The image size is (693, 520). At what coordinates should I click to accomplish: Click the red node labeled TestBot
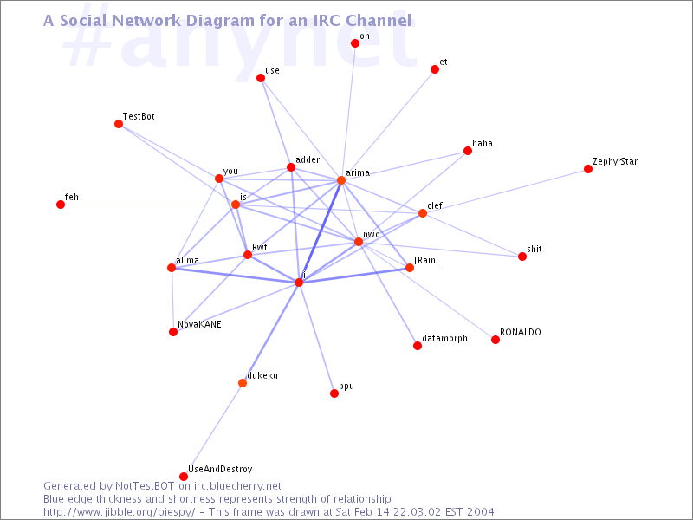[119, 124]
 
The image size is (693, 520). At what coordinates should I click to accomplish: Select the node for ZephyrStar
[588, 169]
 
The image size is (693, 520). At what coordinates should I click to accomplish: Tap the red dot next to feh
[61, 205]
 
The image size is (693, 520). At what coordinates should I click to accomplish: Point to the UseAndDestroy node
[184, 476]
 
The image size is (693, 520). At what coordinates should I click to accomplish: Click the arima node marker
[341, 180]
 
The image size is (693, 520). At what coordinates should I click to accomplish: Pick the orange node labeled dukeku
[243, 383]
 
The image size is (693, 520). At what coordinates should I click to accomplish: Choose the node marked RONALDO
[495, 340]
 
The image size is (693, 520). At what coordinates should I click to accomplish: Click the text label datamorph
[444, 338]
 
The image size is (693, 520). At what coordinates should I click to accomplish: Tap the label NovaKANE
[199, 324]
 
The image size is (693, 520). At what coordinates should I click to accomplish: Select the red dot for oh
[355, 42]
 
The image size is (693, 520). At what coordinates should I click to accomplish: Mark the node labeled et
[435, 69]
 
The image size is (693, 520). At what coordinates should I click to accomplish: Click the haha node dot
[468, 151]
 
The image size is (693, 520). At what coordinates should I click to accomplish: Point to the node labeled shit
[522, 257]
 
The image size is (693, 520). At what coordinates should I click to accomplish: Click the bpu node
[334, 393]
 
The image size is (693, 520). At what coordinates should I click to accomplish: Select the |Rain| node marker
[410, 268]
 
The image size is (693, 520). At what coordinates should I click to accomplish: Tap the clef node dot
[423, 213]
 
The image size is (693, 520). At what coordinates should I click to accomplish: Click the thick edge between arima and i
[320, 231]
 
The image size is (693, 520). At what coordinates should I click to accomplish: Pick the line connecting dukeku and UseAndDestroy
[213, 430]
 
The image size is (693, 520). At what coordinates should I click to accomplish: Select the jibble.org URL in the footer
[119, 512]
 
